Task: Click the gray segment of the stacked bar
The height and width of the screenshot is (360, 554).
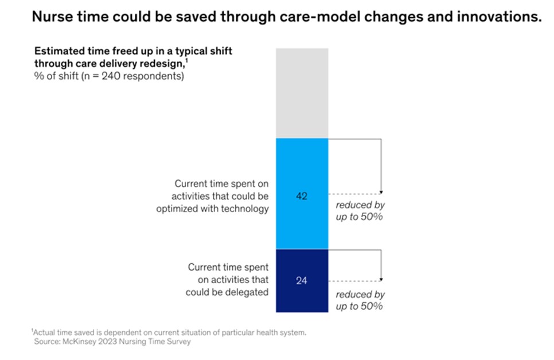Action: pyautogui.click(x=302, y=93)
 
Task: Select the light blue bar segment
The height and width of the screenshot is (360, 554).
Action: pyautogui.click(x=302, y=172)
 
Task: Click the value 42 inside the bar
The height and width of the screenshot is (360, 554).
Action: pyautogui.click(x=302, y=196)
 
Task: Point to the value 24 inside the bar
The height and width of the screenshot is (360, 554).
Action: pyautogui.click(x=302, y=281)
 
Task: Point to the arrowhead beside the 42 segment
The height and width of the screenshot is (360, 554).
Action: pyautogui.click(x=382, y=193)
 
